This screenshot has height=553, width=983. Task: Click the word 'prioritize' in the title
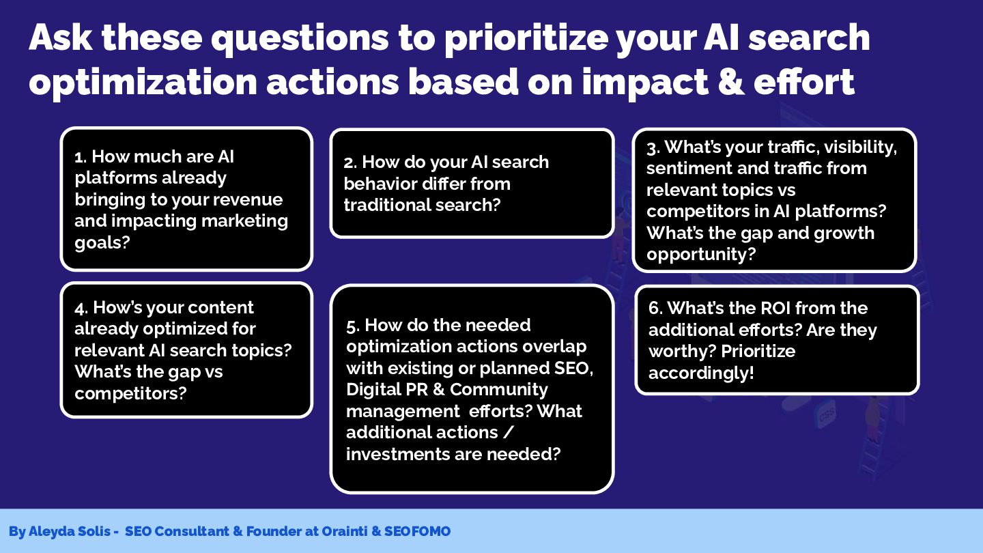coord(526,39)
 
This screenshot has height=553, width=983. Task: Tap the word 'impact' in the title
coord(645,83)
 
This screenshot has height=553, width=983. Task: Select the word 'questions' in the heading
coord(299,39)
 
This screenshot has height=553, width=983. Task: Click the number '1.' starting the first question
coord(81,157)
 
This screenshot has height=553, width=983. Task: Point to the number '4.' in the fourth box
coord(81,308)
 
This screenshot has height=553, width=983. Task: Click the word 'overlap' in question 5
coord(554,347)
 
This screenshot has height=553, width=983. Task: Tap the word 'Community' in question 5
coord(499,390)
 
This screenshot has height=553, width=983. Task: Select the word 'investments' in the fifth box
coord(397,454)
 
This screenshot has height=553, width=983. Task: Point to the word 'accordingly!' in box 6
coord(701,373)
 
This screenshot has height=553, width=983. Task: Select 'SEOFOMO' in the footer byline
coord(417,531)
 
